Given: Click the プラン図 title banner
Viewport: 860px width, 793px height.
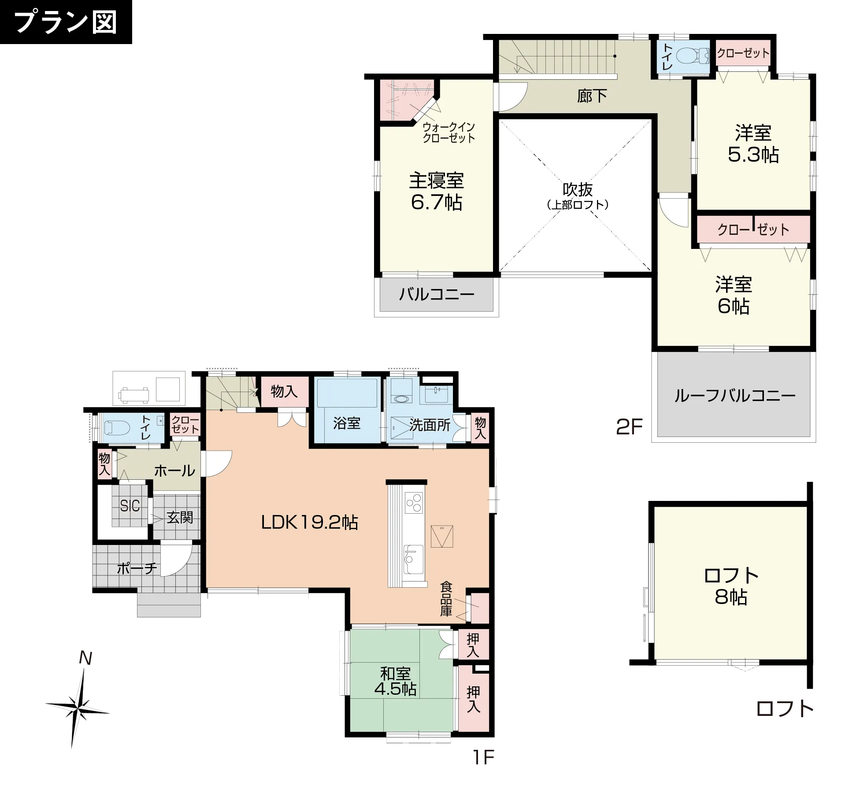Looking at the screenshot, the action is click(66, 22).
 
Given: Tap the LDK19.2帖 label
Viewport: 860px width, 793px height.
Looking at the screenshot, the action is click(310, 522).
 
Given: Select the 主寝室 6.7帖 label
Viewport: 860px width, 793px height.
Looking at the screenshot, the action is click(436, 192).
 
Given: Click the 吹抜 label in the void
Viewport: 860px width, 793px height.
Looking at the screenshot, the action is click(578, 190).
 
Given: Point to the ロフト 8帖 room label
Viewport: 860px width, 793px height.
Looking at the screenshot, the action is click(731, 586).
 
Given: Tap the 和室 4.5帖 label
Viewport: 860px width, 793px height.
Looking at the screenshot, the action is click(395, 682).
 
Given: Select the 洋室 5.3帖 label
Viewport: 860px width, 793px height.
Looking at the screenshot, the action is click(753, 144).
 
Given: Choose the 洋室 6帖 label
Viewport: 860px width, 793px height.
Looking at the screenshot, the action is click(734, 295).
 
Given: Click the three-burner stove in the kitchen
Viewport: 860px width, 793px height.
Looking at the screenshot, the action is click(414, 503).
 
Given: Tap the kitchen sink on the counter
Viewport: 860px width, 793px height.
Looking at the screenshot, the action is click(413, 560).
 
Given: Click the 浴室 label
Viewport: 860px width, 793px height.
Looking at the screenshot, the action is click(347, 423).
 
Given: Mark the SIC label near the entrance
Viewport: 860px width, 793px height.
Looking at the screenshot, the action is click(130, 506).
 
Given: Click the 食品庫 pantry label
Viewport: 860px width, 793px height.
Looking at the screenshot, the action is click(446, 599).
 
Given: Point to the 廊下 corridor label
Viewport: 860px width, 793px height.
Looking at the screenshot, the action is click(592, 96).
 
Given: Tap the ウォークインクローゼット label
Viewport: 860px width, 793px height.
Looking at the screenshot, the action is click(449, 133).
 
